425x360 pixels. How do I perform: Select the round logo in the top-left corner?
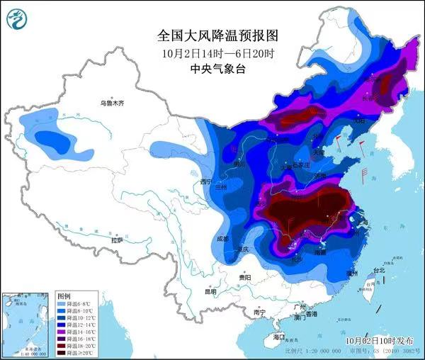pos(17,19)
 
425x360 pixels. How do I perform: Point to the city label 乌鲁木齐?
pos(111,103)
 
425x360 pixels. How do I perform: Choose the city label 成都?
pos(222,239)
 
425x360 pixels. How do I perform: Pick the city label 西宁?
pos(206,182)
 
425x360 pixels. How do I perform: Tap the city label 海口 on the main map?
pos(278,337)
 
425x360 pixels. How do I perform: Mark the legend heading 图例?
pos(64,296)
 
